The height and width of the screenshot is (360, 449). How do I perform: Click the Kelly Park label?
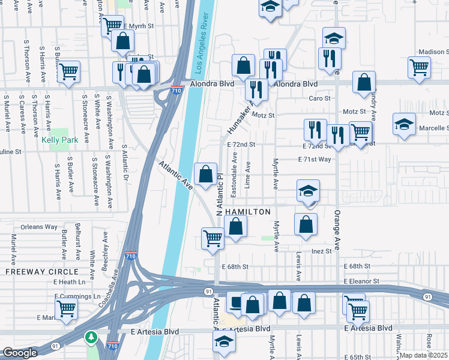pos(60,140)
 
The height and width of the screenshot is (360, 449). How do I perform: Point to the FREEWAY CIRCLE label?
pos(34,272)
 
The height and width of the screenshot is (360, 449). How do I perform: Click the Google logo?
pos(20,353)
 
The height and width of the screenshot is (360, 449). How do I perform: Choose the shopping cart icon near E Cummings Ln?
pos(65,308)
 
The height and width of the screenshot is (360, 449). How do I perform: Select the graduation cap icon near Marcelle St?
pos(405,124)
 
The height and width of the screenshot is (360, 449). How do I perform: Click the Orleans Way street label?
pos(39,227)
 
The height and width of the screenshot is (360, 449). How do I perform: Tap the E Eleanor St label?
pos(362,281)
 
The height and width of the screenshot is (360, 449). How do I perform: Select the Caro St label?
pos(319,98)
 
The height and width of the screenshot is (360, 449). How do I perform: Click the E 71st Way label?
pos(315,160)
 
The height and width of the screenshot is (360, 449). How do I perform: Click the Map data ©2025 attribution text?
pos(424,355)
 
